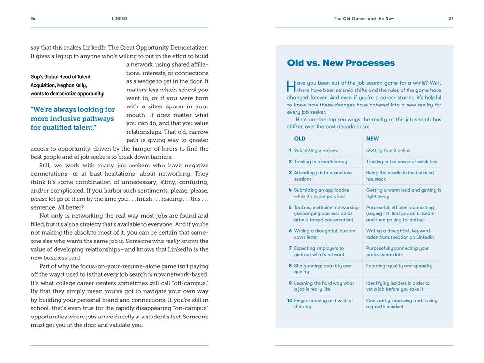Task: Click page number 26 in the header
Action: point(33,19)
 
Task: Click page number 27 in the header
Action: point(451,19)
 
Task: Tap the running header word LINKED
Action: point(120,19)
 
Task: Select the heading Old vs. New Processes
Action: point(341,63)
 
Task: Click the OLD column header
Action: point(300,139)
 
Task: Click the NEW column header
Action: point(372,139)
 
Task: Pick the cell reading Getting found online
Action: point(388,151)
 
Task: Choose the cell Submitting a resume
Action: point(316,151)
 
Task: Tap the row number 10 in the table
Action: point(290,301)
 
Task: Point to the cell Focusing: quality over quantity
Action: point(399,266)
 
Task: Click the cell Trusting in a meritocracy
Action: point(320,162)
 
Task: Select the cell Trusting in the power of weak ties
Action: point(401,162)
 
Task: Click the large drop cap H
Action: point(291,86)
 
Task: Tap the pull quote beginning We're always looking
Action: point(73,119)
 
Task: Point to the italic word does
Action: point(163,115)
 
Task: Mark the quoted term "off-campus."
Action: point(191,283)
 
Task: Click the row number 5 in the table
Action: point(290,208)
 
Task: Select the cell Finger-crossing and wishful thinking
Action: point(323,303)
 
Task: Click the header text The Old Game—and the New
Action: point(364,19)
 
